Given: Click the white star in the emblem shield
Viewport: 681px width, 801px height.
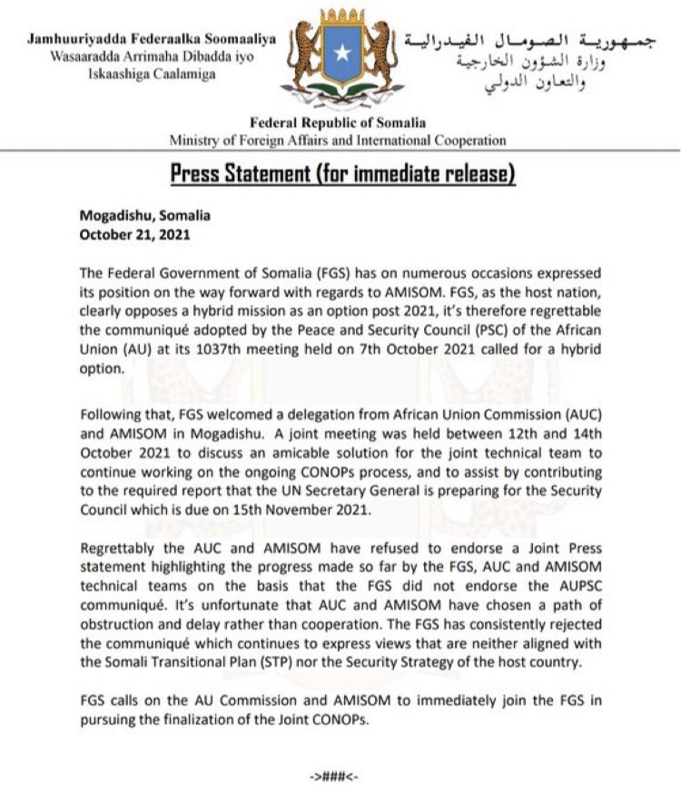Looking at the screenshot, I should tap(341, 54).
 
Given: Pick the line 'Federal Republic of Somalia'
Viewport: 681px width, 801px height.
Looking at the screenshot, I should tap(339, 122).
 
